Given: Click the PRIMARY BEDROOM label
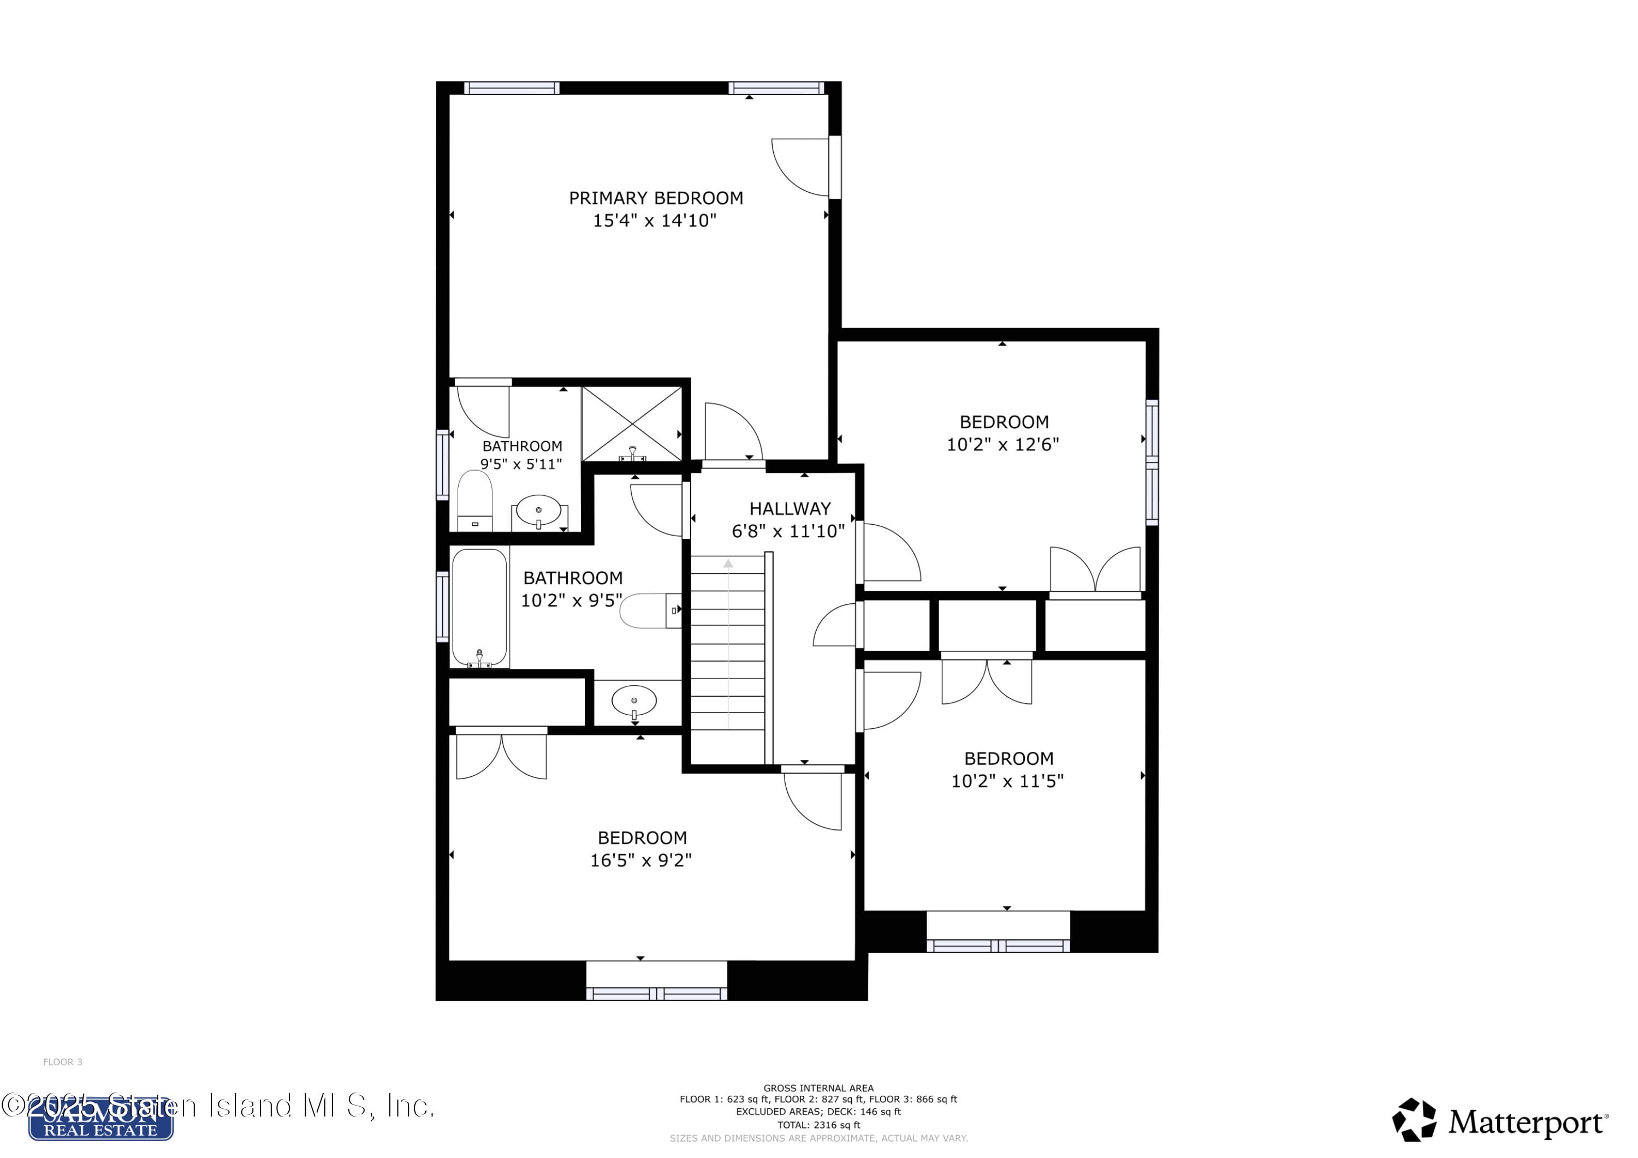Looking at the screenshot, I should (x=656, y=198).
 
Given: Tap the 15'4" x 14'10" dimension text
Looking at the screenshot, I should (x=654, y=221).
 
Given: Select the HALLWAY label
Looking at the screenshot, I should (x=790, y=509).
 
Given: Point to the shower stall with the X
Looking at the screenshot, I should (x=632, y=424).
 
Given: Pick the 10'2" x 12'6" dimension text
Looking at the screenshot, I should (x=1002, y=444).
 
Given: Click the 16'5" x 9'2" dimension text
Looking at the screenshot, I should (x=640, y=860).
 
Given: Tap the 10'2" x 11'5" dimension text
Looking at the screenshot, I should (x=1007, y=781).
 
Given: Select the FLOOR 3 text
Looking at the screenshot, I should (x=63, y=1062).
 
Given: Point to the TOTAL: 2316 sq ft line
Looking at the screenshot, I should (x=818, y=1125).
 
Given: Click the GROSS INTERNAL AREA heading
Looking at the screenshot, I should (x=818, y=1088).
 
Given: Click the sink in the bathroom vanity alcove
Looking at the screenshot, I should (x=634, y=702).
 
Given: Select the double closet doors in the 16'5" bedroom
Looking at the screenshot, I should (x=502, y=756).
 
